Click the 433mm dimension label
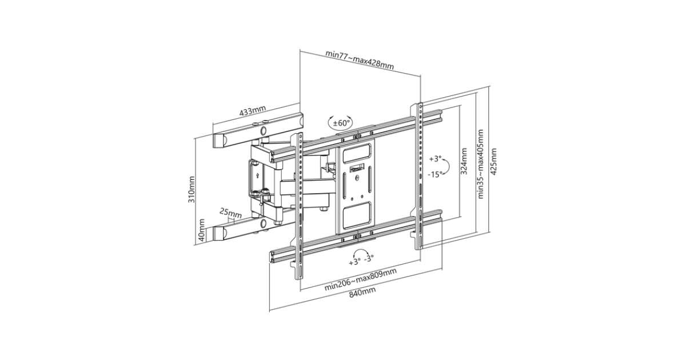click(252, 110)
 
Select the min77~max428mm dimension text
click(360, 59)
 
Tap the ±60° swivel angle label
click(341, 123)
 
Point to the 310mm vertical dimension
click(192, 189)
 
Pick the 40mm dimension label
click(201, 230)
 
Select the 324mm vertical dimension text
click(464, 161)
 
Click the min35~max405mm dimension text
click(481, 164)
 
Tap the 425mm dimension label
click(493, 162)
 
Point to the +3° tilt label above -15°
click(435, 159)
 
